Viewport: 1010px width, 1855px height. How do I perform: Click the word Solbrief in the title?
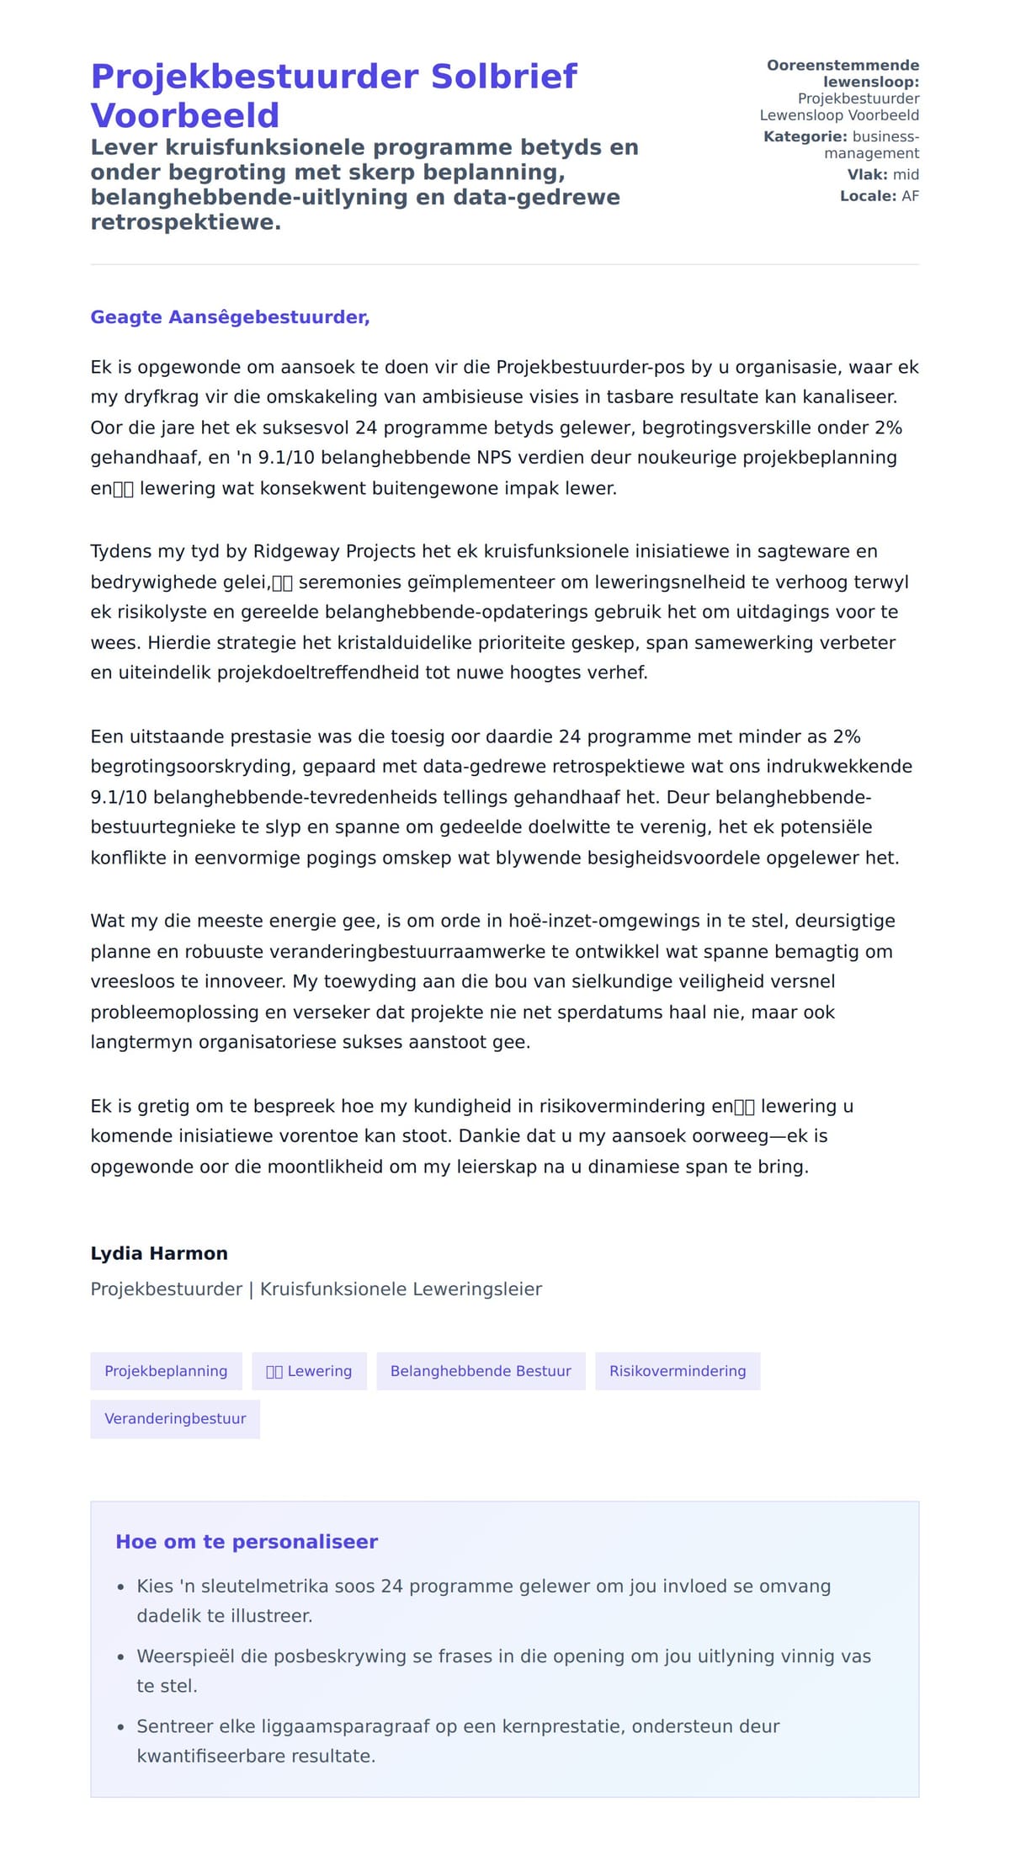coord(503,77)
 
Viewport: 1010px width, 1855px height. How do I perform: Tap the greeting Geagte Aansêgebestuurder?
coord(230,317)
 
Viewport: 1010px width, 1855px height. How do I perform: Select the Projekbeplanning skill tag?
coord(166,1371)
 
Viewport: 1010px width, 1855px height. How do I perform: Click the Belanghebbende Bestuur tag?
coord(481,1371)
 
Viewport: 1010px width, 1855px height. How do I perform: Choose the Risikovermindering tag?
coord(678,1371)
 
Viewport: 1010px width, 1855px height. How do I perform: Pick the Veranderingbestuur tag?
coord(175,1418)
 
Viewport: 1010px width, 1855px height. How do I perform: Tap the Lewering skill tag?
coord(309,1371)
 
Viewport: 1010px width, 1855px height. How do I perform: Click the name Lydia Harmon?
coord(159,1253)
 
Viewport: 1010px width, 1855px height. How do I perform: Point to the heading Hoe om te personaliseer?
coord(247,1542)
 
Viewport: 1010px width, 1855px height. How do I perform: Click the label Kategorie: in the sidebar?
coord(805,136)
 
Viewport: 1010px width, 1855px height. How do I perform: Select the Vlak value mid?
coord(906,174)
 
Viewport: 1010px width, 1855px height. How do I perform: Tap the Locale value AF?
coord(910,196)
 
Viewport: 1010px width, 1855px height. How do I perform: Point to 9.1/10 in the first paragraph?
coord(285,458)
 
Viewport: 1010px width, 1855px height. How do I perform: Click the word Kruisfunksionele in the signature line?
coord(327,1289)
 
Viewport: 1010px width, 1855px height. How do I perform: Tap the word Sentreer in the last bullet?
coord(175,1726)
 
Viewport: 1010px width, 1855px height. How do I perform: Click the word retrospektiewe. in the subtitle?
coord(185,222)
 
